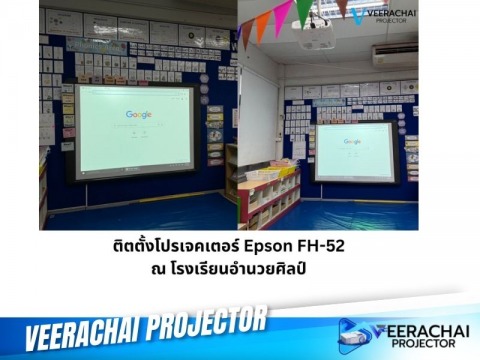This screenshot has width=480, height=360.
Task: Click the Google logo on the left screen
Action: point(139,114)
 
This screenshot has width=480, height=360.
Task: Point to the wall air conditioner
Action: point(395,53)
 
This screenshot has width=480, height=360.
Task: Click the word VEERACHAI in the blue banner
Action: point(86,332)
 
